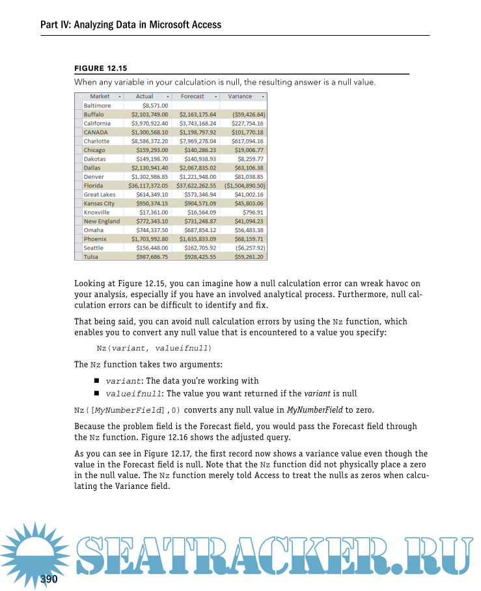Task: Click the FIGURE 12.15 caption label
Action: pos(101,68)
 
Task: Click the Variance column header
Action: pos(240,96)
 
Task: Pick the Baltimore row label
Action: pos(98,105)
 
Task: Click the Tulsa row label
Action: pos(92,257)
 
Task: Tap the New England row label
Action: pos(102,221)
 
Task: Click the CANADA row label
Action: pos(96,132)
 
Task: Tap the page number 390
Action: pos(49,579)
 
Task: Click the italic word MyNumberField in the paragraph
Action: pos(315,410)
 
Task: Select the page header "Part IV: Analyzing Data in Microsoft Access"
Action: pos(131,25)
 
